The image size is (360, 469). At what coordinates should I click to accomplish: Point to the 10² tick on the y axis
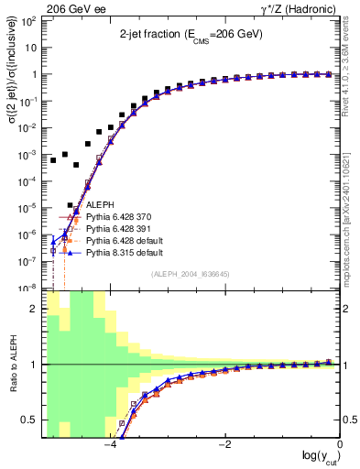(31, 21)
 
